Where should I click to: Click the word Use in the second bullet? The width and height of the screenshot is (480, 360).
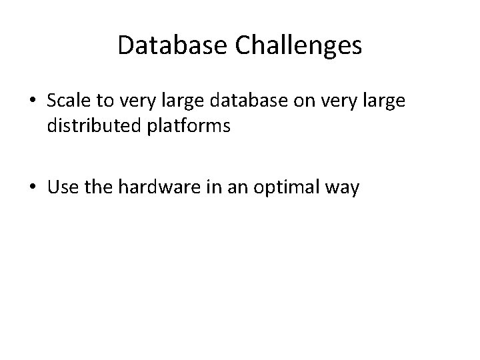(61, 189)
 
